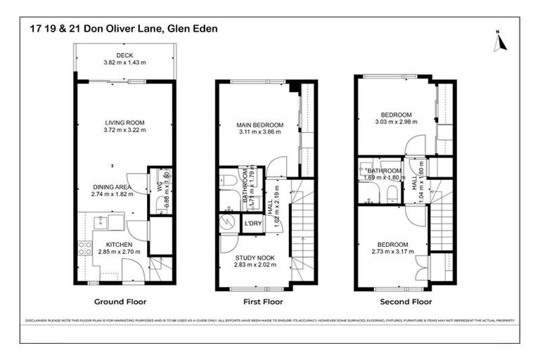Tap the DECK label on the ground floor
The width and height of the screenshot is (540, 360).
[124, 55]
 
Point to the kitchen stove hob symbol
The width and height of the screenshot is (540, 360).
[84, 247]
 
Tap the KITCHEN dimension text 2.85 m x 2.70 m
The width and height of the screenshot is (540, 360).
[119, 252]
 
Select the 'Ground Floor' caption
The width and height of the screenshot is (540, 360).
[124, 302]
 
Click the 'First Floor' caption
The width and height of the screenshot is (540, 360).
[262, 302]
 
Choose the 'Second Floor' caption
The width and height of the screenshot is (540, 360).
[406, 302]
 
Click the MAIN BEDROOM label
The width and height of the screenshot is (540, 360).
[259, 125]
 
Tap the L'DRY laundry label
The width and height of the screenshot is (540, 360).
[251, 224]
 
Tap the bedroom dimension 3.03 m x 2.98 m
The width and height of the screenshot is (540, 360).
[396, 122]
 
